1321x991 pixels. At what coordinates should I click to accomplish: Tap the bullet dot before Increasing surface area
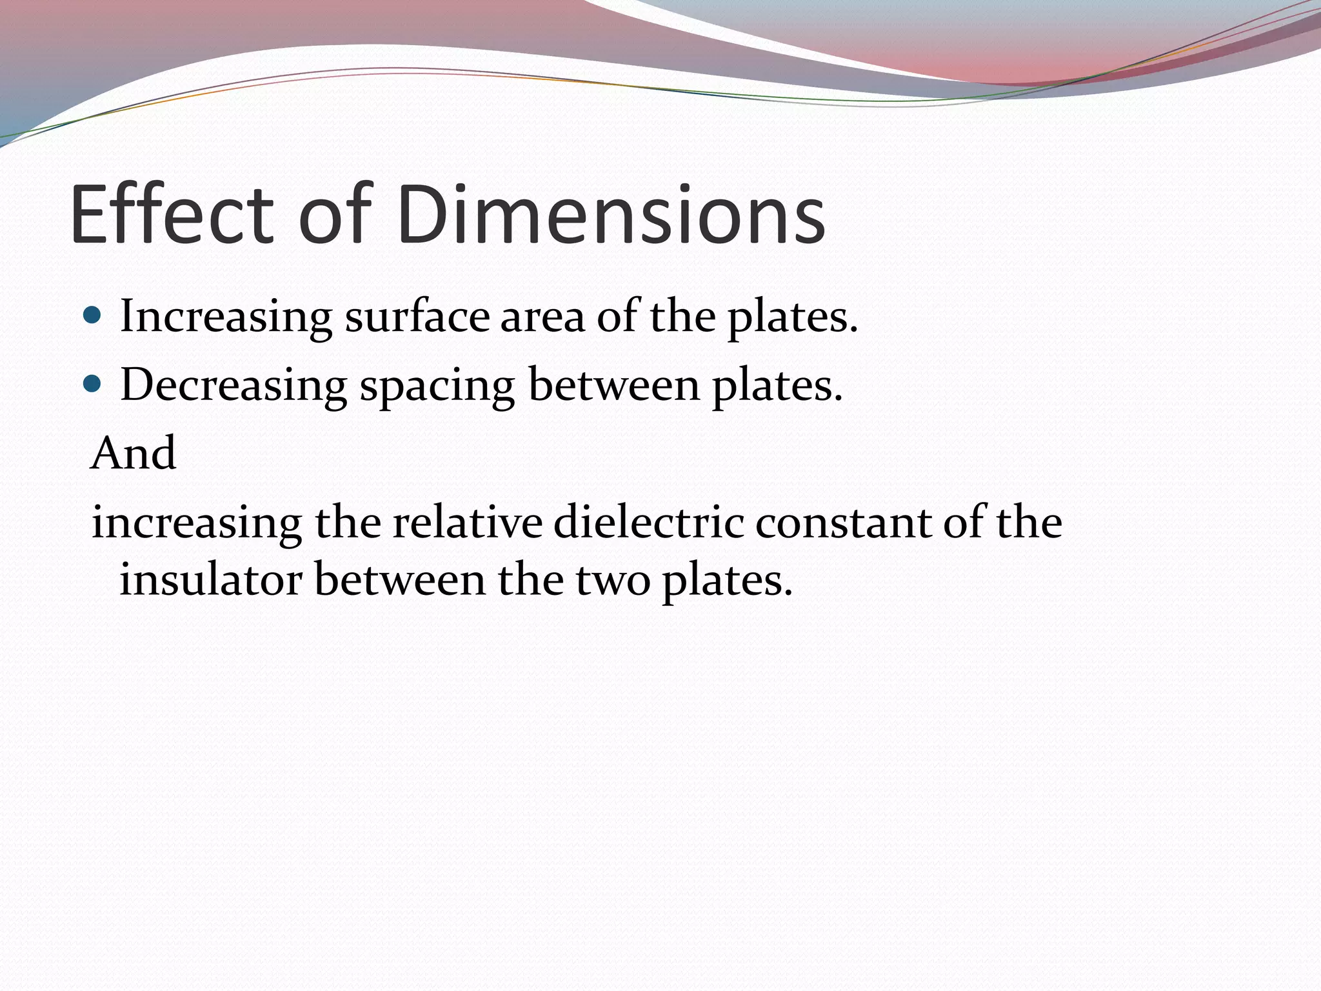point(93,315)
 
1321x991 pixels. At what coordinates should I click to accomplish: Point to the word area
point(542,317)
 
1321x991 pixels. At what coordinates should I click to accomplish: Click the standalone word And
point(134,453)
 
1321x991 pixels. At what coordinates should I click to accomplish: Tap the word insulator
point(210,579)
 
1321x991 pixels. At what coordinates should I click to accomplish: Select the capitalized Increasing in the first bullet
point(226,317)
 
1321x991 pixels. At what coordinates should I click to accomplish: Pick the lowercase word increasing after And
point(197,523)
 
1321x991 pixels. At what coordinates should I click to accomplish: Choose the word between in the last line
point(400,579)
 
